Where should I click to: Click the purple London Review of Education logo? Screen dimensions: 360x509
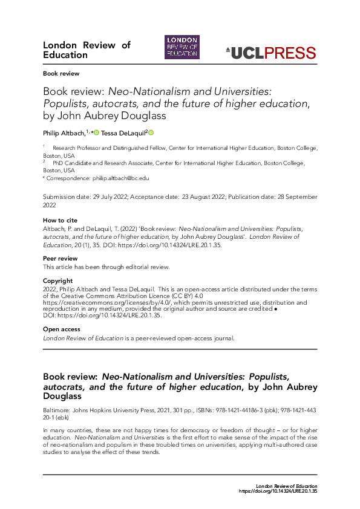click(182, 47)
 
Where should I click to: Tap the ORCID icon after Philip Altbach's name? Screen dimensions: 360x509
click(96, 132)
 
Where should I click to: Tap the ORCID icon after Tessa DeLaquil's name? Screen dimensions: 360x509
click(151, 132)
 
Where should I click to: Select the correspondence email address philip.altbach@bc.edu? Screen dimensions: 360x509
click(120, 178)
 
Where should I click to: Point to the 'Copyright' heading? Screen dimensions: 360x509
click(57, 280)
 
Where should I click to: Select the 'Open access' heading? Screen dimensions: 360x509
click(61, 329)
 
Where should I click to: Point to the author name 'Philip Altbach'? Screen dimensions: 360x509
click(64, 133)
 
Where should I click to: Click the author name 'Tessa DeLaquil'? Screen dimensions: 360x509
click(123, 133)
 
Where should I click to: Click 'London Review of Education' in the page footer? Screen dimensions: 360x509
click(286, 487)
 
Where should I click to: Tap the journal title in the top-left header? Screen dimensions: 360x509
click(87, 50)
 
